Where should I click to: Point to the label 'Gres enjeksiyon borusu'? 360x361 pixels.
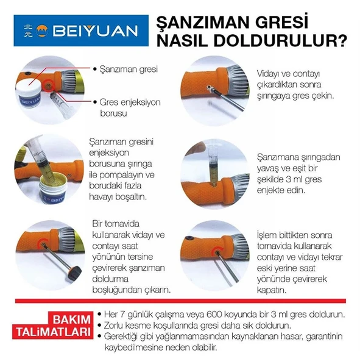coord(130,108)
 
